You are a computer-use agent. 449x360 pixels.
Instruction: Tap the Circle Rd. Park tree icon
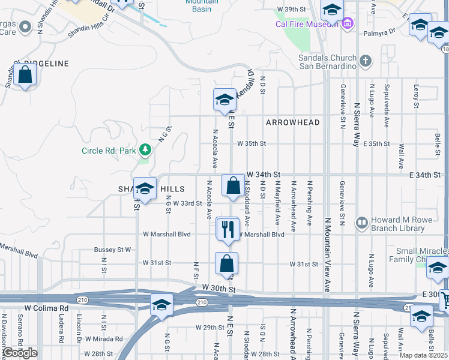(144, 149)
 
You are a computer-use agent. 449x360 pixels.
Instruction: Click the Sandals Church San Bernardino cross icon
(366, 60)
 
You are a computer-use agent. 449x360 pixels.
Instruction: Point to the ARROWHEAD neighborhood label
(293, 122)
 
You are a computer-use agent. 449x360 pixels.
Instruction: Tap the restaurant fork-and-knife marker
(228, 229)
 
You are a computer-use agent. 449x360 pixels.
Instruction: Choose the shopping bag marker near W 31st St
(227, 263)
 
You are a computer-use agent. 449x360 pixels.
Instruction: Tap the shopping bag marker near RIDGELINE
(25, 75)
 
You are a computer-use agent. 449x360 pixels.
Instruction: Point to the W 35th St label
(251, 144)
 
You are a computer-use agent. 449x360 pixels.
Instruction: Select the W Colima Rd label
(46, 308)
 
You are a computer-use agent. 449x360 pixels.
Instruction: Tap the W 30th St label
(217, 289)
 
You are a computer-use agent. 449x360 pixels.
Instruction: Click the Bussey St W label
(112, 249)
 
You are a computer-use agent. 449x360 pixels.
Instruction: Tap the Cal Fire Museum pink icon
(348, 23)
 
